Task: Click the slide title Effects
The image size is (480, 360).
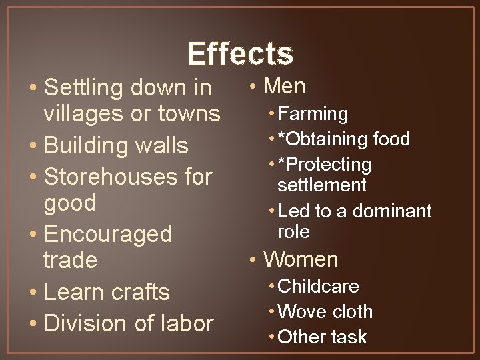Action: pos(240,53)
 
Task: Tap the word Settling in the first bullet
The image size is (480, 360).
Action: pos(84,87)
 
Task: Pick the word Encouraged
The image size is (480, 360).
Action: pos(107,234)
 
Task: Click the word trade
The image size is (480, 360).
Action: pos(69,260)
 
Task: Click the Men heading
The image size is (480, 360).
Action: pos(285,86)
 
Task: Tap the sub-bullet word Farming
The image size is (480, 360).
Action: pos(313,114)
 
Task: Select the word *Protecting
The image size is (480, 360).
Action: pos(324,165)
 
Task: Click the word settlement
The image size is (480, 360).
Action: pos(322,185)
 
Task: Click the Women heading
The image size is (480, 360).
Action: pos(301,259)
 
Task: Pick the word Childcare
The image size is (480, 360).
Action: pos(318,286)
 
